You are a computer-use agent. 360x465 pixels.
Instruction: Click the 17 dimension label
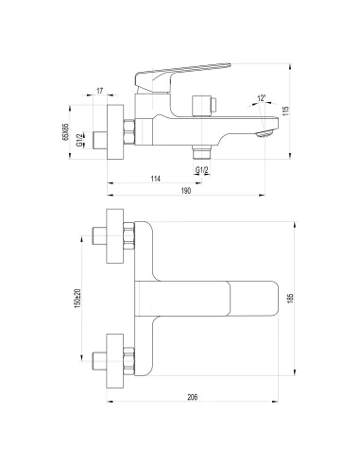point(100,93)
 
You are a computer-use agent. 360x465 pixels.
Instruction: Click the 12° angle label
point(260,98)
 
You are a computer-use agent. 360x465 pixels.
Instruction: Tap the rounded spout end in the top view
point(276,299)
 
